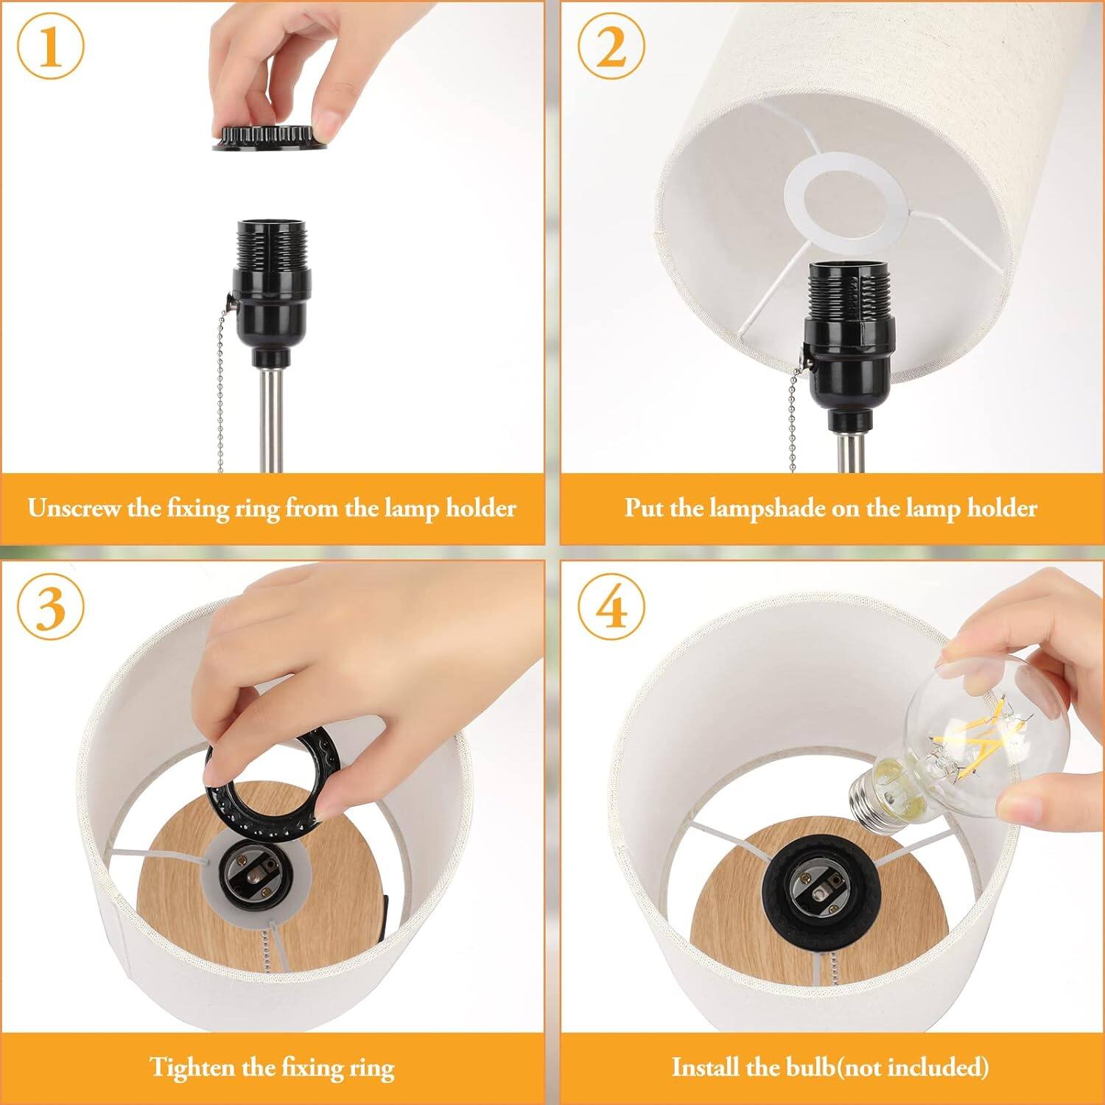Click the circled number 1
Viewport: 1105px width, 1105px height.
50,48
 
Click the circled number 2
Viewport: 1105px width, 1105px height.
611,48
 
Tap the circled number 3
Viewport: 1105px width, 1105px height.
50,609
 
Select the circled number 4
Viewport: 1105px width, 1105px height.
611,609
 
